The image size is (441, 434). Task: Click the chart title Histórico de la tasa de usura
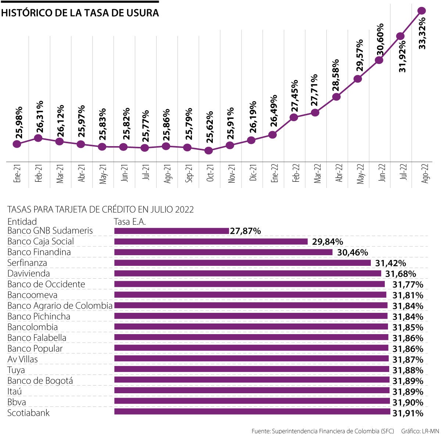(80, 13)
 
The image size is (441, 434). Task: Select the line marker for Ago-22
(422, 11)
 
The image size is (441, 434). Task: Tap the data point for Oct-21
(208, 151)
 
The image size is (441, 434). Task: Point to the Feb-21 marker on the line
(38, 138)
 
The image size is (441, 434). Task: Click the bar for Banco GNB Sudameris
(171, 231)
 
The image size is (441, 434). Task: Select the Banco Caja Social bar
(211, 242)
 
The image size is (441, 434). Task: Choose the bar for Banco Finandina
(223, 252)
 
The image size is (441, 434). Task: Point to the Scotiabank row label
(28, 413)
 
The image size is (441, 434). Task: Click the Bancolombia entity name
(32, 327)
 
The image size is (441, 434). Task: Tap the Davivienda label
(28, 274)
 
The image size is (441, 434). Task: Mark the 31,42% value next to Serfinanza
(390, 263)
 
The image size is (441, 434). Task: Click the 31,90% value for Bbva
(408, 402)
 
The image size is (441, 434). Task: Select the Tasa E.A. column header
(130, 222)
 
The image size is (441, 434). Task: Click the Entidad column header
(22, 222)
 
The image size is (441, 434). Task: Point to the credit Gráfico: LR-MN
(420, 431)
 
